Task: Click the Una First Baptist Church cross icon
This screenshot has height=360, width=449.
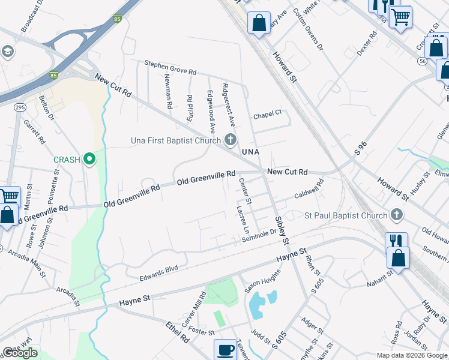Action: pyautogui.click(x=231, y=140)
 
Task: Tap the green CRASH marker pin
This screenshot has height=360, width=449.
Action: pyautogui.click(x=90, y=159)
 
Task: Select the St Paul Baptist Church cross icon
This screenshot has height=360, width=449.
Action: pyautogui.click(x=396, y=214)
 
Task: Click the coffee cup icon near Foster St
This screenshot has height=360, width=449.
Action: pyautogui.click(x=226, y=350)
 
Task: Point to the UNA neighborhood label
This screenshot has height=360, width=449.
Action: pyautogui.click(x=250, y=152)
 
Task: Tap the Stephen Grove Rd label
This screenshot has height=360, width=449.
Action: pyautogui.click(x=170, y=67)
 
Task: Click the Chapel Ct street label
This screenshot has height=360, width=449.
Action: pyautogui.click(x=267, y=113)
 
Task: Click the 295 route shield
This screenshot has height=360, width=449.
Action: pyautogui.click(x=20, y=107)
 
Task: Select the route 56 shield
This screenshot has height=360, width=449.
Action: pyautogui.click(x=423, y=61)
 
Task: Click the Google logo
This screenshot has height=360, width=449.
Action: pyautogui.click(x=20, y=353)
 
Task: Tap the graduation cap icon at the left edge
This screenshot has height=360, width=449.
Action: pyautogui.click(x=8, y=52)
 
